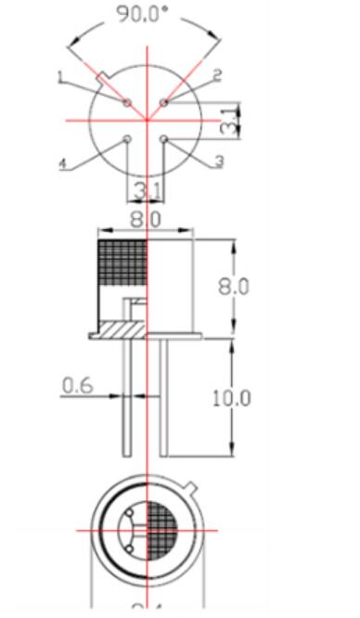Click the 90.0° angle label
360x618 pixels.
click(144, 15)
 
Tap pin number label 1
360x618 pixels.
click(60, 79)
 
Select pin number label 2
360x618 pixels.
click(216, 74)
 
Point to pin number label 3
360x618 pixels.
click(219, 161)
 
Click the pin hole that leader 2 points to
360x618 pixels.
click(163, 102)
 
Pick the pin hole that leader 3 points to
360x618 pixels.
click(163, 139)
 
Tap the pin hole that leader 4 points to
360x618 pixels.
click(127, 139)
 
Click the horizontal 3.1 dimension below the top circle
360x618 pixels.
click(146, 190)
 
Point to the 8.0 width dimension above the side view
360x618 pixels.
click(146, 220)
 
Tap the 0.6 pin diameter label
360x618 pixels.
click(76, 383)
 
